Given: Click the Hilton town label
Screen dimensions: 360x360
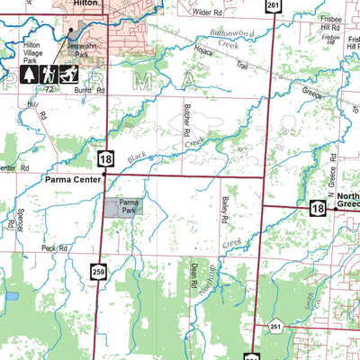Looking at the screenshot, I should click(86, 4).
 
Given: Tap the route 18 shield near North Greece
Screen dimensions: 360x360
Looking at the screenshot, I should click(317, 208).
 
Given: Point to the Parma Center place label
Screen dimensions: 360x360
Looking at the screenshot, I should click(70, 180).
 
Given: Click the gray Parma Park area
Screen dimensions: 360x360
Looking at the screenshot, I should click(123, 209).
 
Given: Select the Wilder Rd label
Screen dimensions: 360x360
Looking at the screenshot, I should click(206, 13).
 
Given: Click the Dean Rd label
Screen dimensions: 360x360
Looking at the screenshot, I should click(194, 281).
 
